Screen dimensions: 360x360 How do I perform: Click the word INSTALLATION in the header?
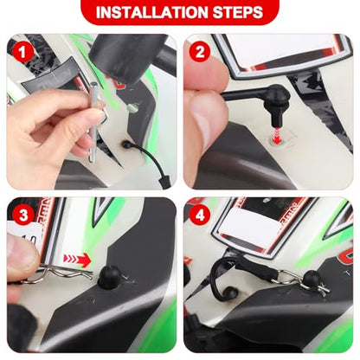click(x=151, y=12)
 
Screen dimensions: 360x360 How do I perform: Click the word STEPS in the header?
click(x=238, y=12)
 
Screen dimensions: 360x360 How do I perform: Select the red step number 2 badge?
click(x=199, y=53)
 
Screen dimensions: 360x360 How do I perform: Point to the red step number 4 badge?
click(x=199, y=215)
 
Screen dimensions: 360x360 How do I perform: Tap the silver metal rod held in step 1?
click(x=93, y=121)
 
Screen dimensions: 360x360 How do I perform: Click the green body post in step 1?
click(x=132, y=108)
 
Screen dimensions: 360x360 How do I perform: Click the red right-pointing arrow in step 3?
click(x=77, y=259)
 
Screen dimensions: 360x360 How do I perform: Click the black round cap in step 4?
click(x=311, y=279)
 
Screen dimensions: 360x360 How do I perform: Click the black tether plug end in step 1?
click(x=165, y=181)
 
